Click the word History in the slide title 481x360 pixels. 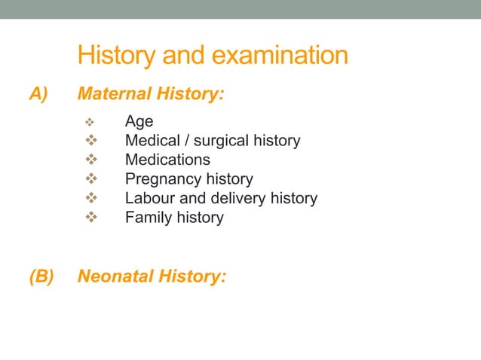click(x=120, y=56)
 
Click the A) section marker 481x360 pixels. click(x=38, y=95)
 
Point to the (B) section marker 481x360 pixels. click(x=41, y=276)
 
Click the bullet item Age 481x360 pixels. click(x=139, y=121)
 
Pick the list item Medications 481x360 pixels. click(x=167, y=160)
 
